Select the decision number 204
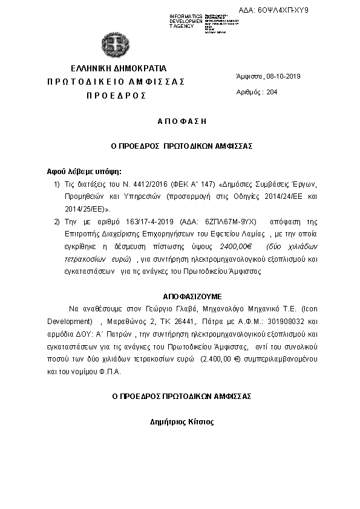(x=272, y=92)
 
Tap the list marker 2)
(x=57, y=222)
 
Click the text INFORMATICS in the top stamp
(x=186, y=15)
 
